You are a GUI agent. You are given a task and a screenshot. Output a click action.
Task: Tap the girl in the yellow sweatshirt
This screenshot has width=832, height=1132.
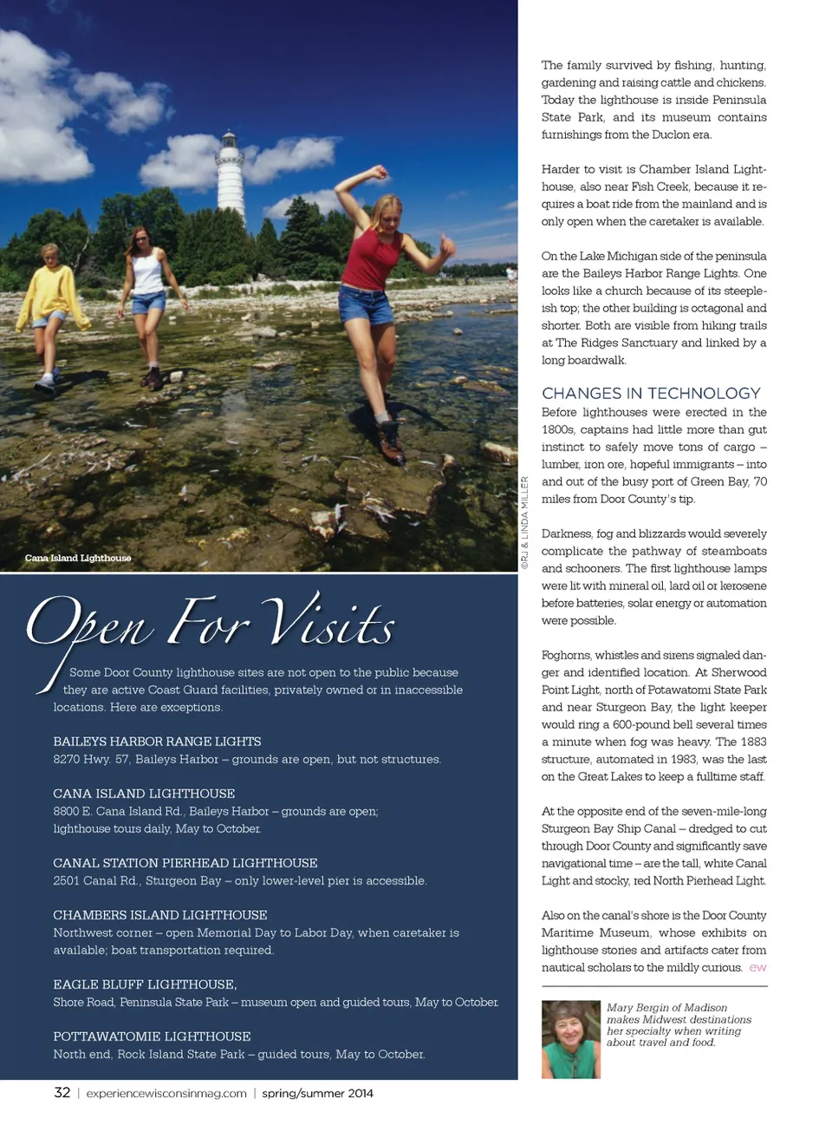coord(54,299)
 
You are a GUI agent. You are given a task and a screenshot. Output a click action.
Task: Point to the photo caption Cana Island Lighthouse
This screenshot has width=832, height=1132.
coord(78,558)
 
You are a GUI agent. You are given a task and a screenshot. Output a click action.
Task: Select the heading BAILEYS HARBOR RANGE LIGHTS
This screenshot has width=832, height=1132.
coord(157,742)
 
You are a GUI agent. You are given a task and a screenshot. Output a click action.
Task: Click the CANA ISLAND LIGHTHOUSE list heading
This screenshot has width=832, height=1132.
coord(144,794)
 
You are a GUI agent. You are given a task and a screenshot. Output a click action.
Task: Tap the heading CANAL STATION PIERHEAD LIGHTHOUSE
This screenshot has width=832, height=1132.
coord(185,863)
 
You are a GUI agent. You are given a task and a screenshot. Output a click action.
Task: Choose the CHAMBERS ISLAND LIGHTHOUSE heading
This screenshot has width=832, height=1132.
coord(160,915)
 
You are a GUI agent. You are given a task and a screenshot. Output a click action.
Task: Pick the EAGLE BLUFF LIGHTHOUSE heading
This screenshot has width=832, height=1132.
coord(145,985)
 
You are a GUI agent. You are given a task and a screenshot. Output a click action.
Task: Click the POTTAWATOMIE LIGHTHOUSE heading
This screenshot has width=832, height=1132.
coord(152,1037)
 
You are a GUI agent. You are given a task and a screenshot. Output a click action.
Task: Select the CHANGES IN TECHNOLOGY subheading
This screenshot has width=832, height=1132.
coord(651,393)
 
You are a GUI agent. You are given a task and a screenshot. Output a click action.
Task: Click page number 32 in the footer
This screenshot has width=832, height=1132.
coord(62,1093)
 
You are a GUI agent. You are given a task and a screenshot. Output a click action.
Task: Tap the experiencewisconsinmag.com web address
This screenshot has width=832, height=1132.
coord(166,1094)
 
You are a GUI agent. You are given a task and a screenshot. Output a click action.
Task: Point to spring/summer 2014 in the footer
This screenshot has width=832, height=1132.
coord(317,1094)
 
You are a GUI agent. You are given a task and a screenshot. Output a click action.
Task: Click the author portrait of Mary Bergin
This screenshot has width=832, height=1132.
coord(570,1039)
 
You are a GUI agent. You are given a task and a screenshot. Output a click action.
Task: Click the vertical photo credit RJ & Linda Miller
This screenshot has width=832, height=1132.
coord(524,523)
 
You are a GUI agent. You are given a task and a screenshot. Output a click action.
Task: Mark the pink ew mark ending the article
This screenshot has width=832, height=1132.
coord(757,967)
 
